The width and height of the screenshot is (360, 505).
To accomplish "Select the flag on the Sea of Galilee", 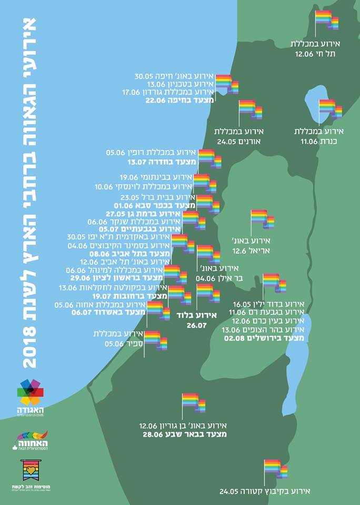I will click(x=330, y=109).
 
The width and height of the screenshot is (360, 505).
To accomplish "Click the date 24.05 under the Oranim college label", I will click(x=227, y=142).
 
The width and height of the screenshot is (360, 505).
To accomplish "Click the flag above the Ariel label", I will click(x=262, y=219).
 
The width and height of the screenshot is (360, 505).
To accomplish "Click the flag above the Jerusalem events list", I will click(x=274, y=283).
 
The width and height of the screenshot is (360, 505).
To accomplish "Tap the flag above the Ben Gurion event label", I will click(x=193, y=402).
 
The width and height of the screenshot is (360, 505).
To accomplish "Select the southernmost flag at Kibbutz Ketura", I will click(x=275, y=469).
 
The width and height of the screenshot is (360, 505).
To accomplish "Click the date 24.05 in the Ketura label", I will click(x=230, y=491).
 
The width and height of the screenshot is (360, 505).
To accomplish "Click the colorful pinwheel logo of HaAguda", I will click(x=31, y=392).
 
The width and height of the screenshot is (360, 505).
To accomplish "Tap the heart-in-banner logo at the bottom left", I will click(x=31, y=470).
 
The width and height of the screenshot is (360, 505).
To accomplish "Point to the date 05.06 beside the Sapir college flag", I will click(x=114, y=344).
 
